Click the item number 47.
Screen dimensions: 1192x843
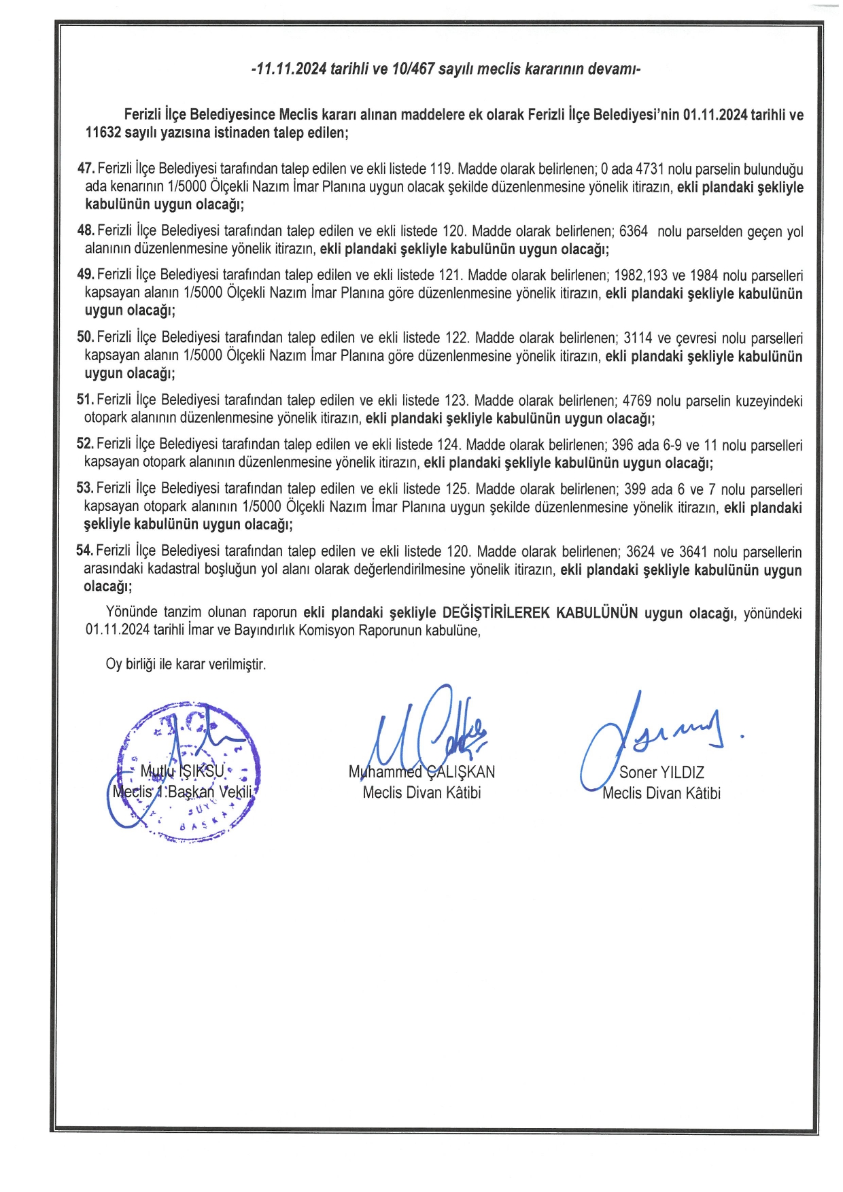click(86, 168)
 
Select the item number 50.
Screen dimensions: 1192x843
click(85, 337)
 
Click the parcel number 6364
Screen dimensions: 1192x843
click(634, 231)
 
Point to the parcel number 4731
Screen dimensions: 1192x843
click(649, 169)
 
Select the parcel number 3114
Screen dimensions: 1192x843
click(638, 338)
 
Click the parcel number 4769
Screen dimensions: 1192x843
click(637, 400)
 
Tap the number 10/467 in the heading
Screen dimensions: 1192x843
click(413, 69)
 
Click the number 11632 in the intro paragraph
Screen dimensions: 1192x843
click(103, 133)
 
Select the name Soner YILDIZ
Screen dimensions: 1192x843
click(661, 772)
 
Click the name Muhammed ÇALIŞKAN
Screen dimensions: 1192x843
click(421, 772)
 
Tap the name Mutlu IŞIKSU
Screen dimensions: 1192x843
click(182, 771)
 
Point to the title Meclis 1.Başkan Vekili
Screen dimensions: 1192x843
click(182, 792)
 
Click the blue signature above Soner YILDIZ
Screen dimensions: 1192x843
click(653, 737)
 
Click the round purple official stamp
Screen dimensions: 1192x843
click(184, 771)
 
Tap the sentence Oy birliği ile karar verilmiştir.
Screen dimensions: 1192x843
click(186, 664)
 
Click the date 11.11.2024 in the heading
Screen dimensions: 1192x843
click(290, 69)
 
